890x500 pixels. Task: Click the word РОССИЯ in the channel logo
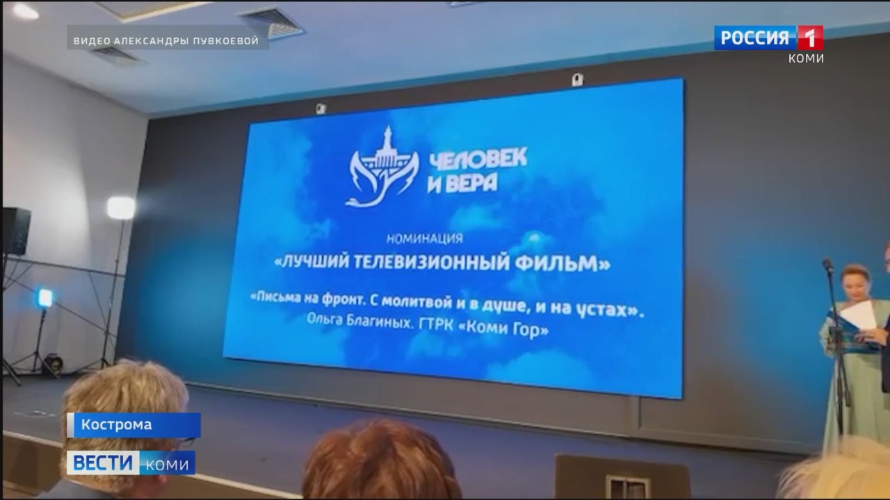coord(754,38)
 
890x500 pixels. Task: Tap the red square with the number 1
coord(811,37)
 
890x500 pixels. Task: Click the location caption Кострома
coord(116,424)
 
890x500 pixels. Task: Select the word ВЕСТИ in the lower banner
coord(103,462)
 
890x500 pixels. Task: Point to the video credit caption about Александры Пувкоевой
coord(166,41)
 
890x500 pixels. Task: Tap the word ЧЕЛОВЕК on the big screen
coord(478,159)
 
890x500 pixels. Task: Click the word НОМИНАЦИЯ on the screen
coord(425,238)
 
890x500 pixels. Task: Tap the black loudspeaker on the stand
coord(16,231)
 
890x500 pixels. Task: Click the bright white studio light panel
coord(121,208)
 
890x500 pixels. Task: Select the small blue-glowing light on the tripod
coord(44,298)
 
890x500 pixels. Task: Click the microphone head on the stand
coord(827,265)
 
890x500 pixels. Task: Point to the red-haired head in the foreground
coord(382,461)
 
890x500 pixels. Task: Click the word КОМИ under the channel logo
coord(806,58)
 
